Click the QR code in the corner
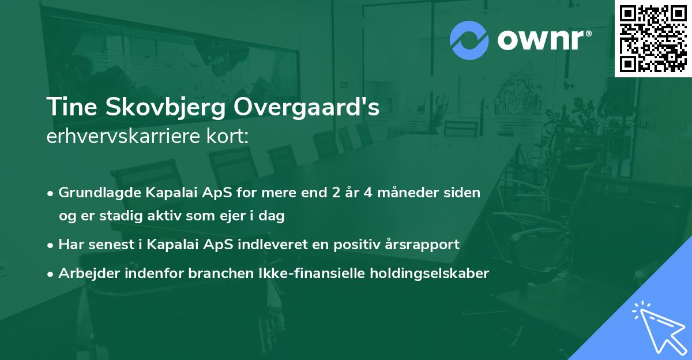click(x=653, y=39)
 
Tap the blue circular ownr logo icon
click(x=469, y=40)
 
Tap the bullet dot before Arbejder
click(x=51, y=273)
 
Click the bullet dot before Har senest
click(x=51, y=245)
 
